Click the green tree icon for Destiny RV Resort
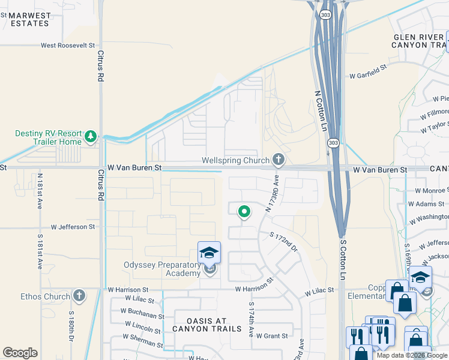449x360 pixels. (91, 137)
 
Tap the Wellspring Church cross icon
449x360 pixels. (278, 160)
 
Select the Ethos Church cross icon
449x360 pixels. (79, 296)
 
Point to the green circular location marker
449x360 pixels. (244, 211)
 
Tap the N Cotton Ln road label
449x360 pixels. (321, 110)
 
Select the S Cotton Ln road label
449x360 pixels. (343, 260)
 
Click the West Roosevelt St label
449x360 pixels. (68, 45)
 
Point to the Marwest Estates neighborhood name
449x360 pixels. (29, 19)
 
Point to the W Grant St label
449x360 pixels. (272, 336)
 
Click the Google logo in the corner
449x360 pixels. (20, 353)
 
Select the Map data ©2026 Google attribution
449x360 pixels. (412, 355)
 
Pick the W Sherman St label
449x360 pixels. (142, 342)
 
